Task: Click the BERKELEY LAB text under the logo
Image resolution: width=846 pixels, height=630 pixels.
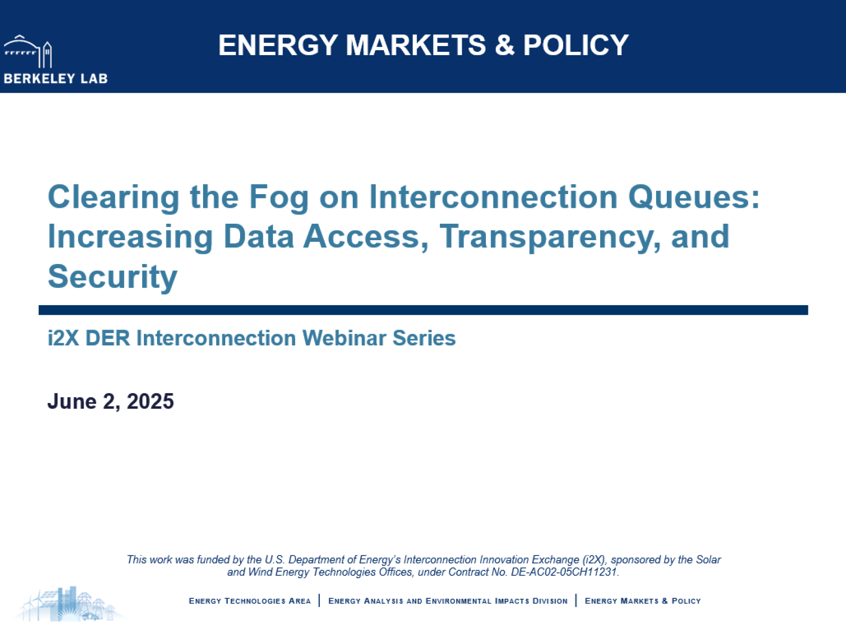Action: click(56, 79)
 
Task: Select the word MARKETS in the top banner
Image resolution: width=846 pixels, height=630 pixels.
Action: click(416, 45)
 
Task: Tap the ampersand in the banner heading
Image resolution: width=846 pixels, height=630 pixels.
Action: click(504, 45)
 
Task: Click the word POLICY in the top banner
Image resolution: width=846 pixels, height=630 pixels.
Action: click(576, 45)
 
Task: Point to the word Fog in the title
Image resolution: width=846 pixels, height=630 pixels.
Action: click(279, 198)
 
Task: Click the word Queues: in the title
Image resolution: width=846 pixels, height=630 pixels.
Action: click(694, 198)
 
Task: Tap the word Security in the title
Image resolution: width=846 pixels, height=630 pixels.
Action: click(113, 277)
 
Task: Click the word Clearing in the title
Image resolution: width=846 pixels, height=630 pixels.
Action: click(114, 198)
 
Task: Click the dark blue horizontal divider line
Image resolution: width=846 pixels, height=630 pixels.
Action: click(423, 310)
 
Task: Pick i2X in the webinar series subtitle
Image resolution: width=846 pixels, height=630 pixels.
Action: click(63, 338)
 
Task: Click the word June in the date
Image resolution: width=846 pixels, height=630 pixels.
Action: click(72, 401)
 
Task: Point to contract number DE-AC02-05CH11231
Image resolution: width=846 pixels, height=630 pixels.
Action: click(564, 572)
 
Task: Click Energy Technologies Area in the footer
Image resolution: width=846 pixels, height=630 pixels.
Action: click(250, 601)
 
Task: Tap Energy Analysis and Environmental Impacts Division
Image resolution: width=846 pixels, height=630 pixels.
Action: click(447, 601)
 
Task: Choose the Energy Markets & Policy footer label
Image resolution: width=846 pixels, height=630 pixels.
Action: click(642, 601)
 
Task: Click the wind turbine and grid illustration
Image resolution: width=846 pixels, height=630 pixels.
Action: click(69, 604)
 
